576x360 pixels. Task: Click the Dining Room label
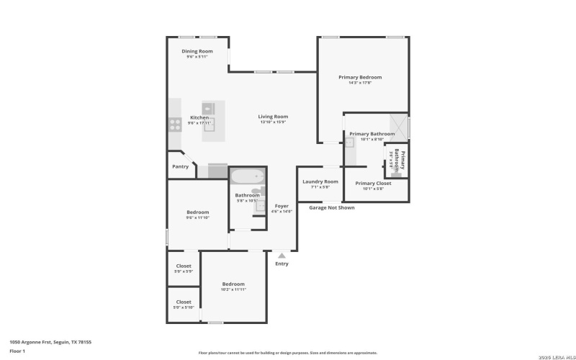197,51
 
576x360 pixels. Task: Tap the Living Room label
274,117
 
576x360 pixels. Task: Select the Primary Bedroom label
360,77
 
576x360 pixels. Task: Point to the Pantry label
180,167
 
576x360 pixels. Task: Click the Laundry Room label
320,181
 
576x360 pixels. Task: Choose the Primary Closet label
373,184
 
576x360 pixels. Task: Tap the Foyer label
282,207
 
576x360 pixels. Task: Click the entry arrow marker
282,255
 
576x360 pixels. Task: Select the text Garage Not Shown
331,208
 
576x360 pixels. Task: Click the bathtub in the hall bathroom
247,177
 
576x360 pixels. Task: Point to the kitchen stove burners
175,124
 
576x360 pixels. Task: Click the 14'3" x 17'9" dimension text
360,83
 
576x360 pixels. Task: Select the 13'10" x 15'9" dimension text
274,122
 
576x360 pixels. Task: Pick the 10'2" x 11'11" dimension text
233,289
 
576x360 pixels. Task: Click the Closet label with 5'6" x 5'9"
184,266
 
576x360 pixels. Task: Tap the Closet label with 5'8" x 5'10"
184,302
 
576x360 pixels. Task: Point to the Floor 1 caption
17,351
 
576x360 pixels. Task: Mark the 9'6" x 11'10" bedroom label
198,212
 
